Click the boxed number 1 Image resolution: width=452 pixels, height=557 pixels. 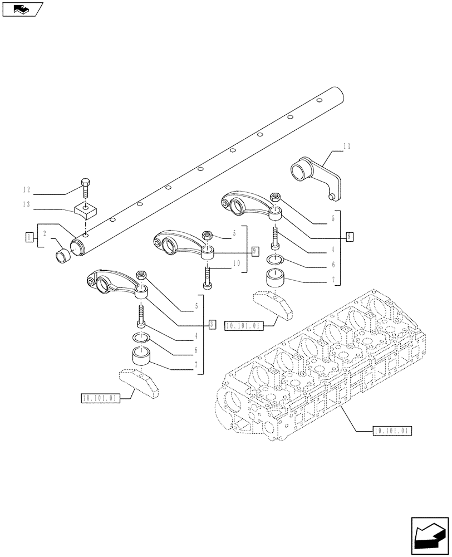click(28, 238)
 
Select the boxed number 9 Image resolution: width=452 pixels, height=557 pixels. click(254, 251)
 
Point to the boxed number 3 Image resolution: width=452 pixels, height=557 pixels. click(212, 324)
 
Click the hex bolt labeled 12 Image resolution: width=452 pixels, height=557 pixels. click(85, 187)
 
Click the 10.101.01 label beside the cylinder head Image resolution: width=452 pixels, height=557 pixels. click(389, 431)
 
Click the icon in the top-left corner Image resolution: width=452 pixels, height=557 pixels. click(22, 9)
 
